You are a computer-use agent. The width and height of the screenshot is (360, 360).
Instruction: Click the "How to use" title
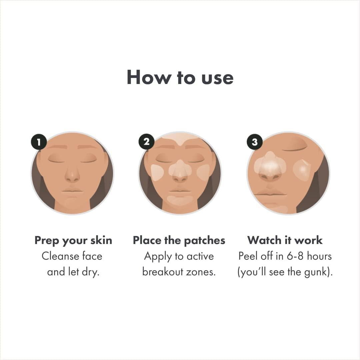(x=180, y=78)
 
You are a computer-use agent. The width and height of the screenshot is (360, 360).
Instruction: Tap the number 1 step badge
(x=39, y=142)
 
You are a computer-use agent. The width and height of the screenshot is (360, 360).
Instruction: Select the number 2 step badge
(x=146, y=142)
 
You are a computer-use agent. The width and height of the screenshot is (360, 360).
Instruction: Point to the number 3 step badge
(x=255, y=142)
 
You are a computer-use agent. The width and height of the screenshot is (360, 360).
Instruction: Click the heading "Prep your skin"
(x=73, y=240)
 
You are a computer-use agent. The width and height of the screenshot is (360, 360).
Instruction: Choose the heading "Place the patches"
(x=179, y=240)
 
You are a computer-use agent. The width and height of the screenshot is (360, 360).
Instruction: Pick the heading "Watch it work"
(x=285, y=240)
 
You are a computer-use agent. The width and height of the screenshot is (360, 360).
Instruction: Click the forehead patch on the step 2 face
(x=180, y=138)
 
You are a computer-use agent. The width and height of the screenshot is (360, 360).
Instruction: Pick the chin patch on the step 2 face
(x=180, y=200)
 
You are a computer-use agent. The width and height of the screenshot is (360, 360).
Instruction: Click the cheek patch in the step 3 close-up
(x=302, y=170)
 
